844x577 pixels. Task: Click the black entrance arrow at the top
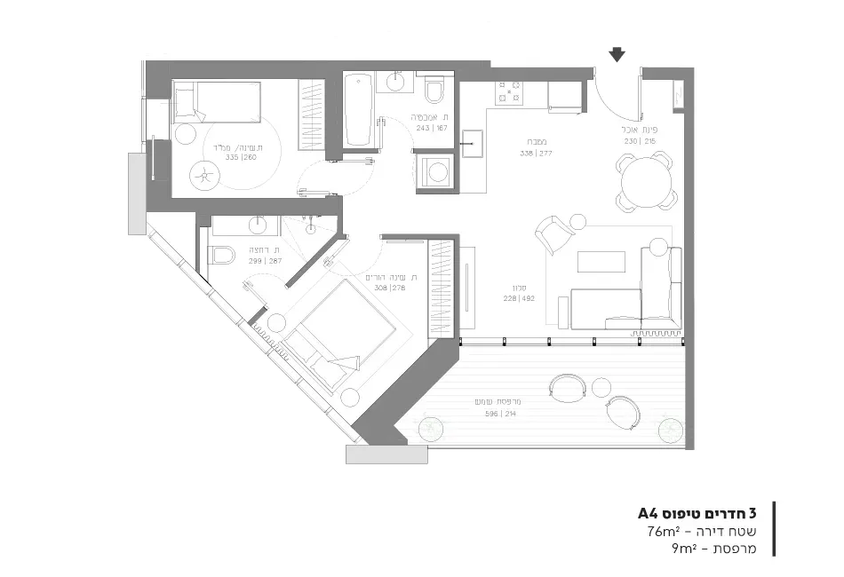pyautogui.click(x=617, y=56)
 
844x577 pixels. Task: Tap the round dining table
pyautogui.click(x=645, y=182)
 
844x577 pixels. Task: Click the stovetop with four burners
pyautogui.click(x=510, y=91)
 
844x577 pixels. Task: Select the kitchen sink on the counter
pyautogui.click(x=473, y=143)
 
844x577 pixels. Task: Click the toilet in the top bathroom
pyautogui.click(x=434, y=91)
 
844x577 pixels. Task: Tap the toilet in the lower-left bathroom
pyautogui.click(x=221, y=256)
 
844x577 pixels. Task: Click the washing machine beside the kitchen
pyautogui.click(x=435, y=172)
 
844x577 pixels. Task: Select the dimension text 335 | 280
pyautogui.click(x=240, y=157)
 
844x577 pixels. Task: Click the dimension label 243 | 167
pyautogui.click(x=430, y=128)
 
